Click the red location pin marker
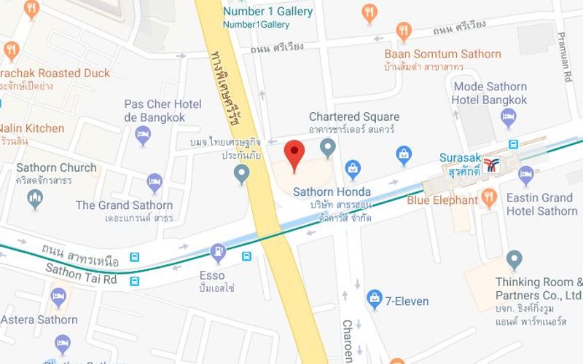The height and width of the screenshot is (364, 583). pyautogui.click(x=294, y=154)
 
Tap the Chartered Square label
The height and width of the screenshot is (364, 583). pyautogui.click(x=354, y=116)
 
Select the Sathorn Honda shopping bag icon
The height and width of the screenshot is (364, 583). pyautogui.click(x=353, y=170)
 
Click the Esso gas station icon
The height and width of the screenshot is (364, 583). pyautogui.click(x=217, y=253)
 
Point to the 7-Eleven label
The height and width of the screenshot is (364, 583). pyautogui.click(x=407, y=301)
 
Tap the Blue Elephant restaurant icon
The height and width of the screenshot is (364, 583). pyautogui.click(x=489, y=197)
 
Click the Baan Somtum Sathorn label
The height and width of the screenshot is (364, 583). pyautogui.click(x=442, y=54)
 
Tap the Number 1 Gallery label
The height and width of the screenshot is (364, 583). pyautogui.click(x=267, y=12)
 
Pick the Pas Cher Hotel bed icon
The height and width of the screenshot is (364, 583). pyautogui.click(x=144, y=135)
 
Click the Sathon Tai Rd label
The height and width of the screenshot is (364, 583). pyautogui.click(x=81, y=274)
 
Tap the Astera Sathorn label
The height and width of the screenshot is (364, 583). pyautogui.click(x=39, y=320)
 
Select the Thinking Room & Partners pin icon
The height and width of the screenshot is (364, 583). pyautogui.click(x=514, y=259)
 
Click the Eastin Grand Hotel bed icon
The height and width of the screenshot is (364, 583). pyautogui.click(x=525, y=175)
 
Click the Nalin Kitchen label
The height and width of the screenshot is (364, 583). pyautogui.click(x=32, y=128)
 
